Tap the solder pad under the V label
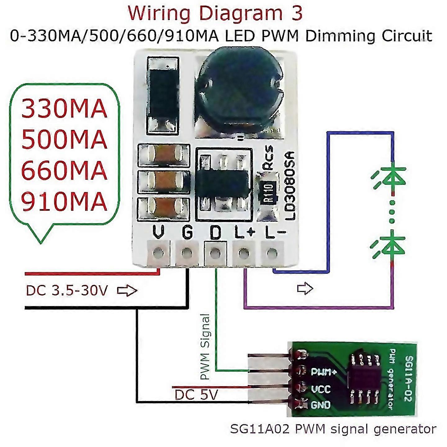[x=159, y=253]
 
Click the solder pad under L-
[x=272, y=253]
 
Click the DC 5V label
[x=196, y=395]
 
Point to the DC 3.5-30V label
[x=67, y=291]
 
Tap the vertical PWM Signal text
[x=205, y=347]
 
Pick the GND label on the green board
[x=321, y=405]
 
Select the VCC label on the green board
[x=321, y=389]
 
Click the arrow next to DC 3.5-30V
[x=127, y=291]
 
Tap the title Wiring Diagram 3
[x=215, y=14]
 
